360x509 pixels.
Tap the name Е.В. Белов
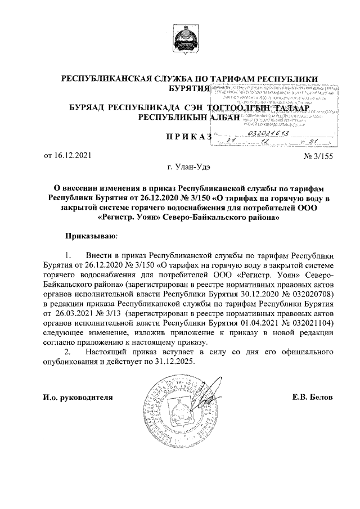[x=312, y=397]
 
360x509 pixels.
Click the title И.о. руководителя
[x=78, y=397]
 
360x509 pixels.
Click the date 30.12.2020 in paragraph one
[x=250, y=294]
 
